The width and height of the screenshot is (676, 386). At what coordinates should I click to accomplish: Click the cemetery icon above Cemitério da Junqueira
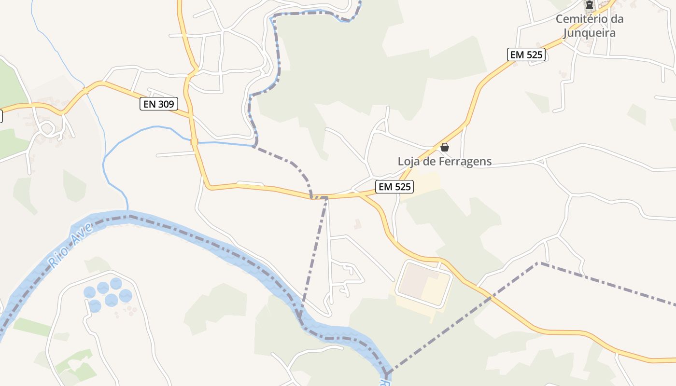pos(590,5)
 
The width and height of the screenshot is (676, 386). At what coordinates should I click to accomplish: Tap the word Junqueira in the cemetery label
pos(590,33)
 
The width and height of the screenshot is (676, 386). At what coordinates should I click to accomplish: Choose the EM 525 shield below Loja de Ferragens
pos(394,187)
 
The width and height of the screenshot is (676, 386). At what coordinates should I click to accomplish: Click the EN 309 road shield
pos(159,104)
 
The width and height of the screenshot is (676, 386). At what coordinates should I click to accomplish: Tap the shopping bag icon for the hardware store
pos(445,147)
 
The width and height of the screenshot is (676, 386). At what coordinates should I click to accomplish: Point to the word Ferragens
pos(465,162)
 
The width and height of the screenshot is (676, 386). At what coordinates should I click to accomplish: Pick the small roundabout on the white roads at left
pos(48,128)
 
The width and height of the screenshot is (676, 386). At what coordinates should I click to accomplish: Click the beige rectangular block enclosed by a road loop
pos(423,284)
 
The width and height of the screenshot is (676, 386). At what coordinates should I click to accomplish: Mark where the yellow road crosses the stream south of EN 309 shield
pos(194,142)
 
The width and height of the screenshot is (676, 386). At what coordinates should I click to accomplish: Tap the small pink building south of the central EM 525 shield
pos(357,224)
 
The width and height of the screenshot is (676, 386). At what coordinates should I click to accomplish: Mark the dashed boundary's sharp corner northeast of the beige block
pos(538,263)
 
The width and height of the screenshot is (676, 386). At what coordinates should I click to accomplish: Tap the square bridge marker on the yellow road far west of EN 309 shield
pos(85,90)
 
